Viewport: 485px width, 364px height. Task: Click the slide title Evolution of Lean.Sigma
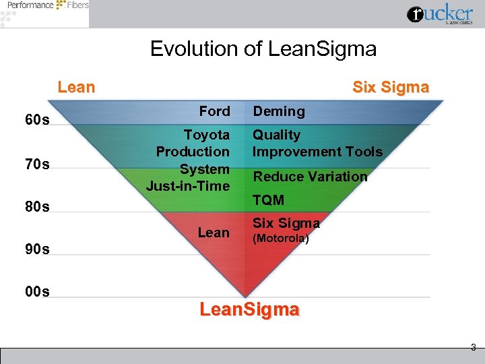coord(263,49)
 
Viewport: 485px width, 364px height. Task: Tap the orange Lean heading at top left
coord(76,87)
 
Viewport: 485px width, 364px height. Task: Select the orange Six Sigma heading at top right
coord(391,88)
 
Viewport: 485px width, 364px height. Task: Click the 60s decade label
coord(37,121)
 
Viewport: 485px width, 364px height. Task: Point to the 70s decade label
coord(37,164)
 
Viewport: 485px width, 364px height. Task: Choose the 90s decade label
coord(37,249)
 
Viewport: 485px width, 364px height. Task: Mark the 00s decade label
coord(37,292)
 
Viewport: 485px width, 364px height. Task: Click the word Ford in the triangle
coord(214,111)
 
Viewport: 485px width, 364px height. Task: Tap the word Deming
coord(278,111)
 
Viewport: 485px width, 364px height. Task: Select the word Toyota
coord(207,135)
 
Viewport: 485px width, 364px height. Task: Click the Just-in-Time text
coord(188,185)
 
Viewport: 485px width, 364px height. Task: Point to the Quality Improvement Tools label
coord(317,144)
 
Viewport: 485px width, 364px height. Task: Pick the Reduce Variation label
coord(310,177)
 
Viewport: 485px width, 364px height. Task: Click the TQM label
coord(268,200)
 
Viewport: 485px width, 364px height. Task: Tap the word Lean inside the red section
coord(214,233)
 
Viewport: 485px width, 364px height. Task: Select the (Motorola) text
coord(280,239)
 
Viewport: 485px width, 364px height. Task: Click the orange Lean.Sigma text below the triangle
coord(249,310)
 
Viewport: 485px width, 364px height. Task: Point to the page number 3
coord(473,348)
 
